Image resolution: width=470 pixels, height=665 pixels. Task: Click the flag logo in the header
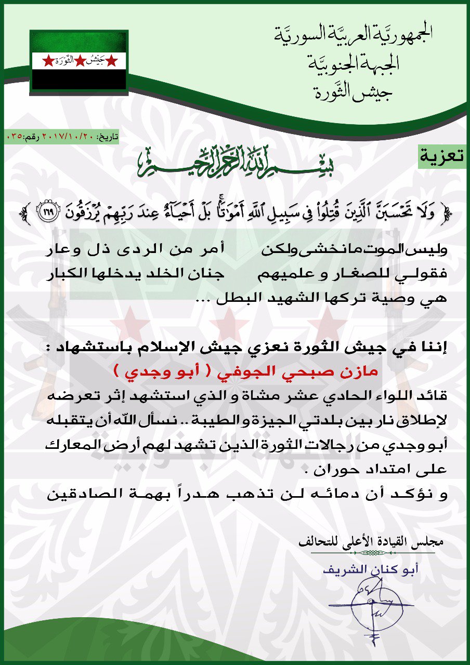pyautogui.click(x=79, y=61)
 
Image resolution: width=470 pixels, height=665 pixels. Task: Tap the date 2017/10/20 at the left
pyautogui.click(x=78, y=137)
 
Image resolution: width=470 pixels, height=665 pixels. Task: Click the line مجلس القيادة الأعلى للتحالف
pyautogui.click(x=372, y=543)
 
